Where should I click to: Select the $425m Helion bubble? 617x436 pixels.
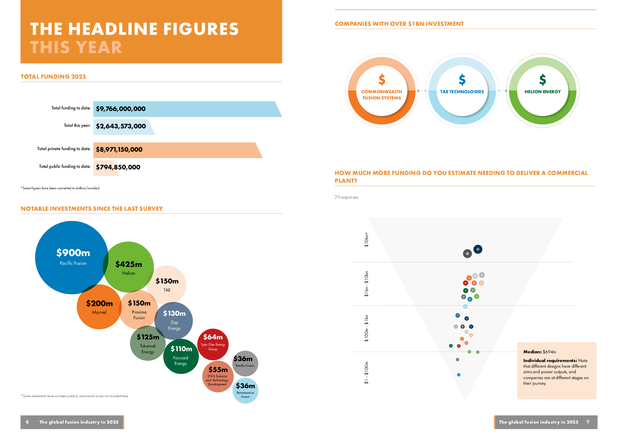tap(128, 267)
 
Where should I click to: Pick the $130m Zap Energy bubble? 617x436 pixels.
tap(174, 320)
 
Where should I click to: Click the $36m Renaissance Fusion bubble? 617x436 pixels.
tap(245, 390)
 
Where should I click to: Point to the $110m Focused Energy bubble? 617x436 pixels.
tap(181, 356)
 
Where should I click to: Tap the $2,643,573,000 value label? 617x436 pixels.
tap(121, 126)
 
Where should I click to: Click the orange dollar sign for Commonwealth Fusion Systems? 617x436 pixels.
tap(382, 80)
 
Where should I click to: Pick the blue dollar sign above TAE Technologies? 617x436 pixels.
tap(462, 80)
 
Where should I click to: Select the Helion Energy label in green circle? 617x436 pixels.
tap(543, 92)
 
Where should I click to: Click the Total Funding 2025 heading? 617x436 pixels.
tap(53, 77)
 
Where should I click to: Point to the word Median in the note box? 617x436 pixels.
tap(532, 352)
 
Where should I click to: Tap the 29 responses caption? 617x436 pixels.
tap(346, 197)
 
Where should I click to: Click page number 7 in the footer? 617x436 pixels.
tap(588, 422)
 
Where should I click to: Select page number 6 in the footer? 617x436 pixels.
tap(27, 422)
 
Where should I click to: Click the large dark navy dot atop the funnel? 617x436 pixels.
tap(478, 249)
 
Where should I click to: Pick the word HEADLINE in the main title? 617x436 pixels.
tap(113, 29)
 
